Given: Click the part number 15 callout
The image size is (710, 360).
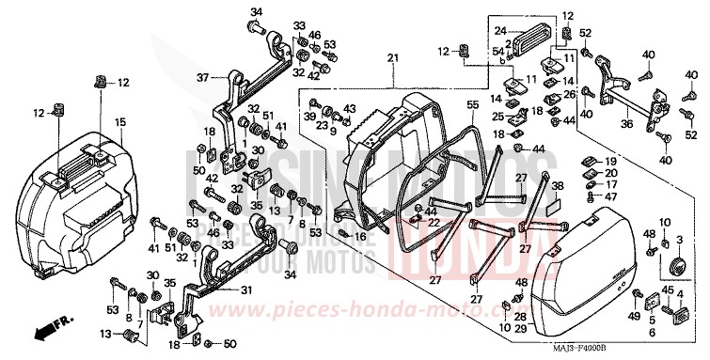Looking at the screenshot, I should (x=120, y=122).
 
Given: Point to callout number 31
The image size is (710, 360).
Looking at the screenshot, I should (x=245, y=290).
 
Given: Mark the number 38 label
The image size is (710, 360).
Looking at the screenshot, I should (x=556, y=187).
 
